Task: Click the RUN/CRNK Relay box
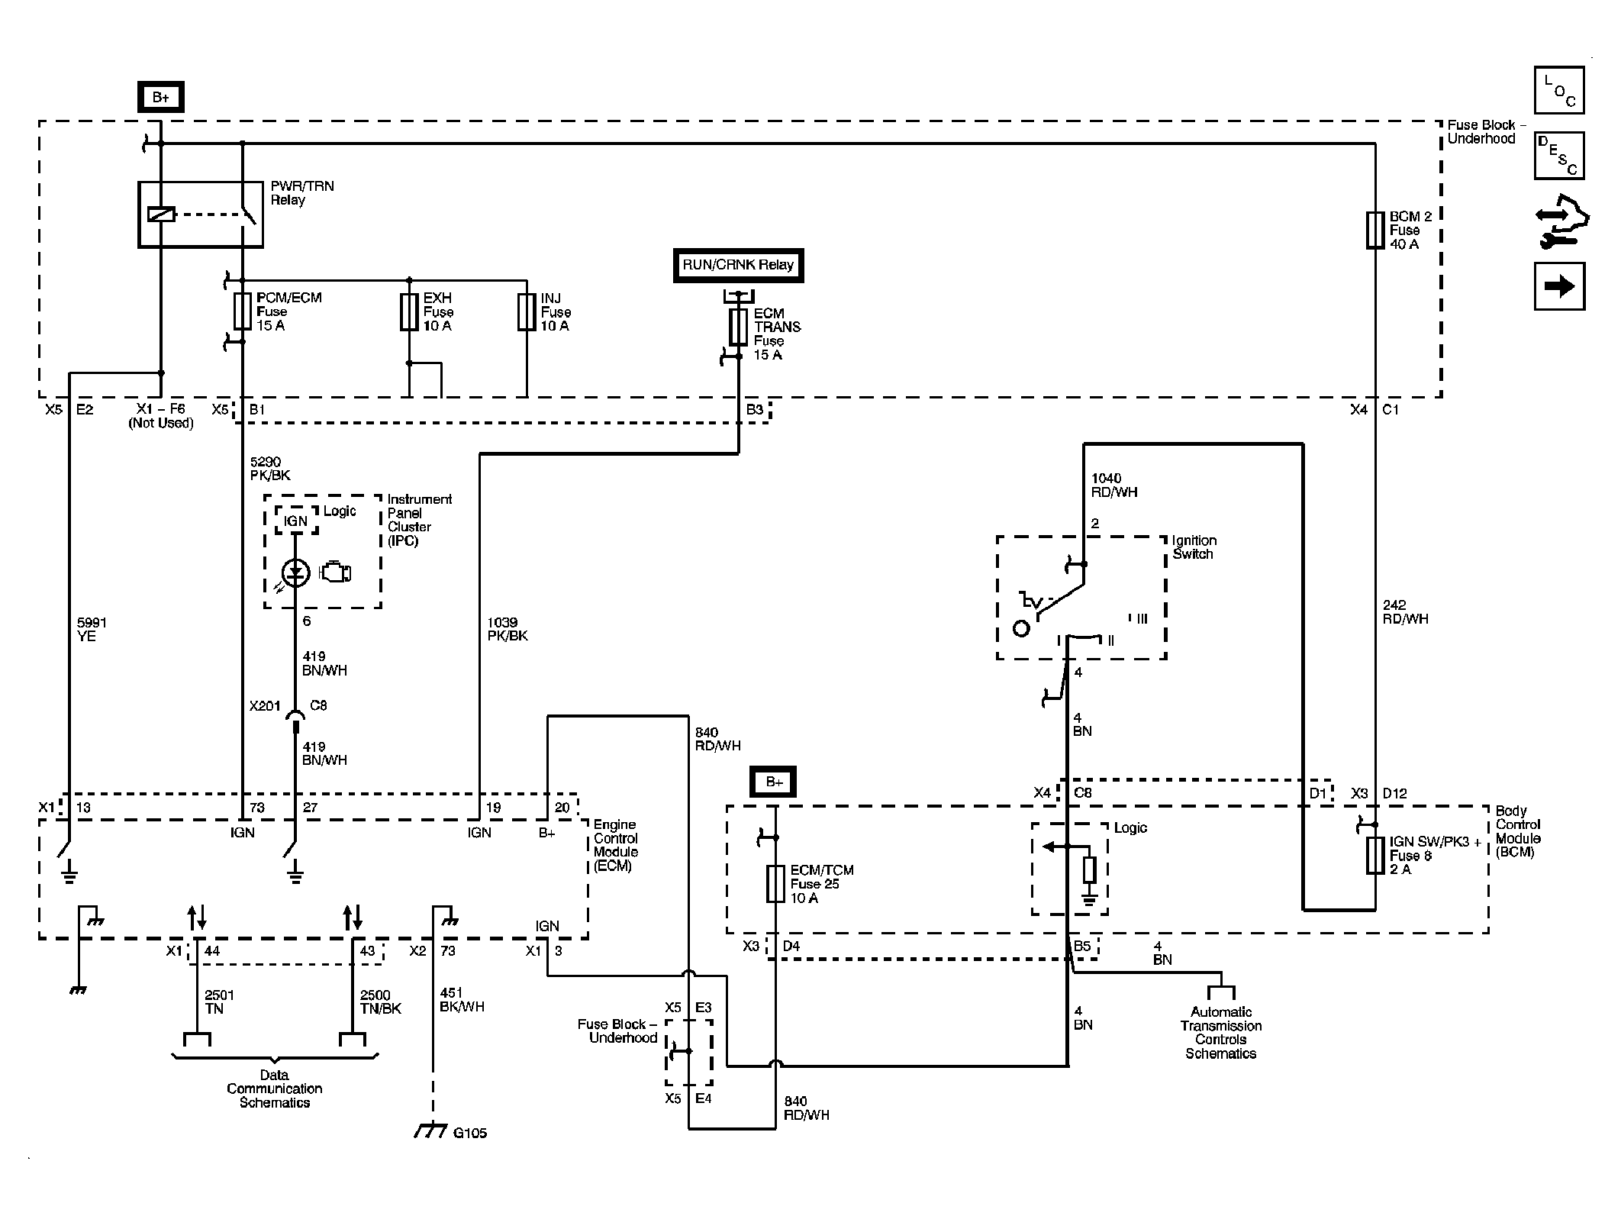pos(738,266)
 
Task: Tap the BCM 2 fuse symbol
pos(1375,231)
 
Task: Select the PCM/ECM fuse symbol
pos(243,311)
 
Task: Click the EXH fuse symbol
pos(409,311)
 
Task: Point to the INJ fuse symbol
pos(527,311)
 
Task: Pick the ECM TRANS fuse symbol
pos(738,327)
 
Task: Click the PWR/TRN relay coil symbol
pos(161,214)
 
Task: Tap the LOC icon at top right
pos(1558,90)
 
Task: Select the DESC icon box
pos(1558,155)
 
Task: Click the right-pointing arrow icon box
pos(1558,286)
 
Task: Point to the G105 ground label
pos(469,1133)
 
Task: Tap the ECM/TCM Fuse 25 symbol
pos(775,884)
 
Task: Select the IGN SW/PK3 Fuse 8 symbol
pos(1375,856)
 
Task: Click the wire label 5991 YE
pos(92,630)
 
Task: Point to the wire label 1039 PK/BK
pos(507,629)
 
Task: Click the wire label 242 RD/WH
pos(1405,612)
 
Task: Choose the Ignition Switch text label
pos(1194,547)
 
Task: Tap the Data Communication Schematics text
pos(275,1089)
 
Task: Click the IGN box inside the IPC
pos(295,521)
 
